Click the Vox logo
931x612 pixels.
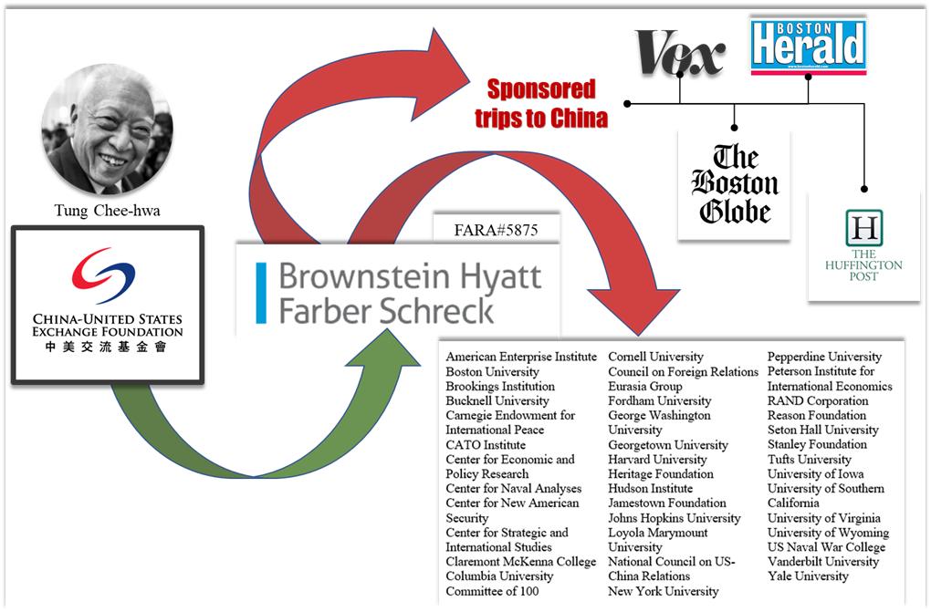[x=679, y=52]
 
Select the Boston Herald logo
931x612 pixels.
[x=808, y=45]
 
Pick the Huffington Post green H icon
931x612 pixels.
[x=863, y=227]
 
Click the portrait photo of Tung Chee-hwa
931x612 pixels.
[x=107, y=129]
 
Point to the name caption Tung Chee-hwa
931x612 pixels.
[x=107, y=212]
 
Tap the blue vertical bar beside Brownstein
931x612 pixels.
[x=261, y=292]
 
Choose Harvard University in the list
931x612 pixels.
[x=657, y=460]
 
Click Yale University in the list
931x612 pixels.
[x=808, y=576]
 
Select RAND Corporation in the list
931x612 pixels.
[x=817, y=401]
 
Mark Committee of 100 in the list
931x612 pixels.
[x=492, y=591]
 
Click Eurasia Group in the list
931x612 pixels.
[x=644, y=387]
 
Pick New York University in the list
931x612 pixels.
[x=664, y=591]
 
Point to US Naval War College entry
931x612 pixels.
[x=826, y=547]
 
